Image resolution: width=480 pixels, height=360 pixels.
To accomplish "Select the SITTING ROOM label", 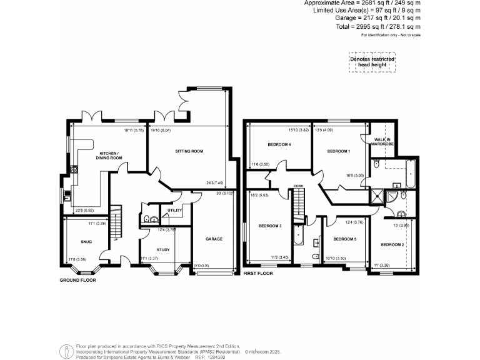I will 189,151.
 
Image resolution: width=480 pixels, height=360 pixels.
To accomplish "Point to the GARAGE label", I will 214,239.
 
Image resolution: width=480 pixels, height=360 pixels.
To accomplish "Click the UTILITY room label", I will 174,211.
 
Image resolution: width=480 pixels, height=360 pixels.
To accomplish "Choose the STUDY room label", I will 162,249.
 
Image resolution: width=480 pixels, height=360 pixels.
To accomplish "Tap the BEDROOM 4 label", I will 279,144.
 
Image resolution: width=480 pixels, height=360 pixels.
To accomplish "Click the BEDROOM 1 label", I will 339,151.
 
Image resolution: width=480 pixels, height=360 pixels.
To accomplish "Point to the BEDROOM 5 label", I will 344,239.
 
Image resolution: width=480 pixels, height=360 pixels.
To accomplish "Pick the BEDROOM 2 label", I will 392,244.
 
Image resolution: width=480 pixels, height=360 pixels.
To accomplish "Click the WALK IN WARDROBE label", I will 382,142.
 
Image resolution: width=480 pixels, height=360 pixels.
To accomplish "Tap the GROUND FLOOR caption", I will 78,280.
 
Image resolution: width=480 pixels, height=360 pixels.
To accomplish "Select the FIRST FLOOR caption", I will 258,274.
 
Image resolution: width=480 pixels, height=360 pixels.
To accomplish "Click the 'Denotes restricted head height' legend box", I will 372,62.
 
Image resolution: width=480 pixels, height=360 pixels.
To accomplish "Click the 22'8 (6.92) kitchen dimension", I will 84,210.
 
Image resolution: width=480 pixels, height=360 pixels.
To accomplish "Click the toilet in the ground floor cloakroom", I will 146,219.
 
